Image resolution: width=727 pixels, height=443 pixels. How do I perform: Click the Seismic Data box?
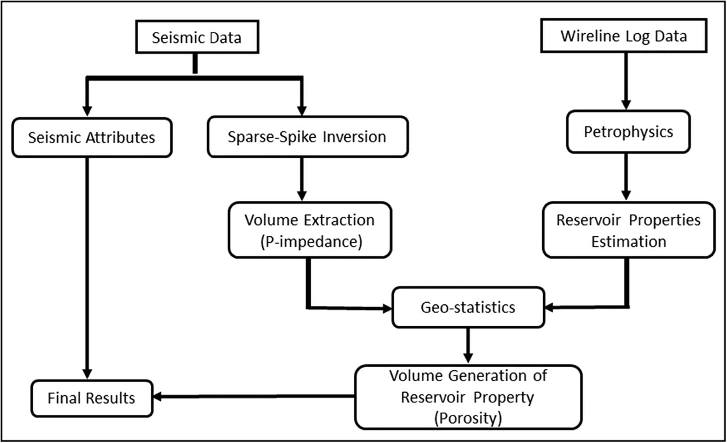197,37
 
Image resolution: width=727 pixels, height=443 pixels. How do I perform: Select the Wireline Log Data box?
623,36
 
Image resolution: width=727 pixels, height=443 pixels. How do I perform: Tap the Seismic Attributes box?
92,137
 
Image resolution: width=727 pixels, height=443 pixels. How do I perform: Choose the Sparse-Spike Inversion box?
307,137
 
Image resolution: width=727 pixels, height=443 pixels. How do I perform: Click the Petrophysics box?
628,131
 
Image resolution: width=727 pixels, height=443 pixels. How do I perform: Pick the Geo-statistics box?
468,307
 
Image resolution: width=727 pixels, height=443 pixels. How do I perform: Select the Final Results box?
91,398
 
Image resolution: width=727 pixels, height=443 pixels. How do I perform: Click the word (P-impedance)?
311,241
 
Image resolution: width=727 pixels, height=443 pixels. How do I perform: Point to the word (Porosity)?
468,417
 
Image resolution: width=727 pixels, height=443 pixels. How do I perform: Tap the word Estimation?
628,241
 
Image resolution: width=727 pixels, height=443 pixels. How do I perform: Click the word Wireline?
584,36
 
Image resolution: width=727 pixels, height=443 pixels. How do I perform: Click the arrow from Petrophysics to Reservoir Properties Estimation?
626,176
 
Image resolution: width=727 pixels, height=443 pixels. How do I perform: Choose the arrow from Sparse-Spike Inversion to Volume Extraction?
302,179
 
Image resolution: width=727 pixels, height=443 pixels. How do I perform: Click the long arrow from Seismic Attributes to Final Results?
87,265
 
